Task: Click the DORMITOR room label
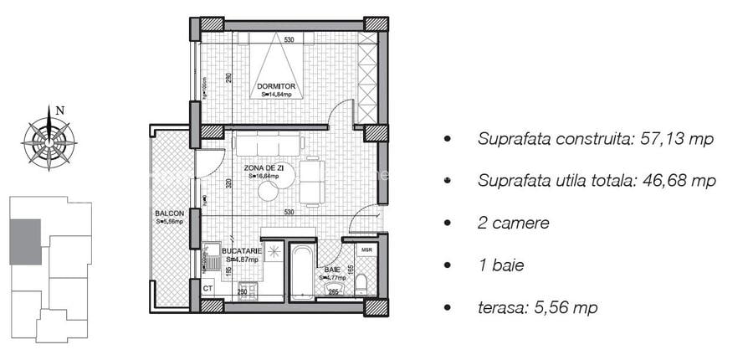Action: tap(277, 86)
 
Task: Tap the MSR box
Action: tap(366, 250)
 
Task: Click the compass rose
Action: tap(50, 137)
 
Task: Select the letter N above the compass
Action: tap(59, 110)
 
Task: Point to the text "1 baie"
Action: tap(500, 265)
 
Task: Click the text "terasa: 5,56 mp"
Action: tap(537, 308)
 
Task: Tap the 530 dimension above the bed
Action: tap(289, 40)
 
